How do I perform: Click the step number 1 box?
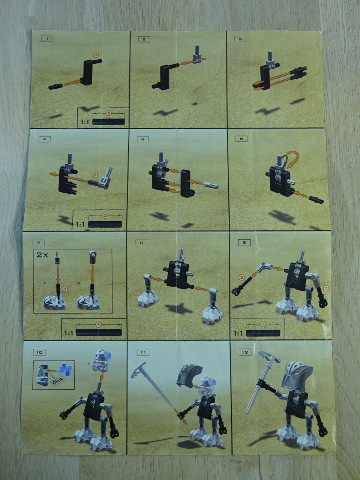[47, 39]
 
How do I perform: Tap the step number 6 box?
[241, 139]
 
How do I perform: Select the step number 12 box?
[245, 352]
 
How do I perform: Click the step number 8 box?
[142, 243]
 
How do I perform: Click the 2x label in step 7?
[42, 255]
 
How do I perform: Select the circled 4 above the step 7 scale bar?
[99, 325]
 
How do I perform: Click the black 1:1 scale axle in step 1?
[109, 122]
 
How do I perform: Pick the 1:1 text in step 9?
[238, 333]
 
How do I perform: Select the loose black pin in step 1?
[56, 86]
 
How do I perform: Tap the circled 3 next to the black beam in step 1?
[96, 55]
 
